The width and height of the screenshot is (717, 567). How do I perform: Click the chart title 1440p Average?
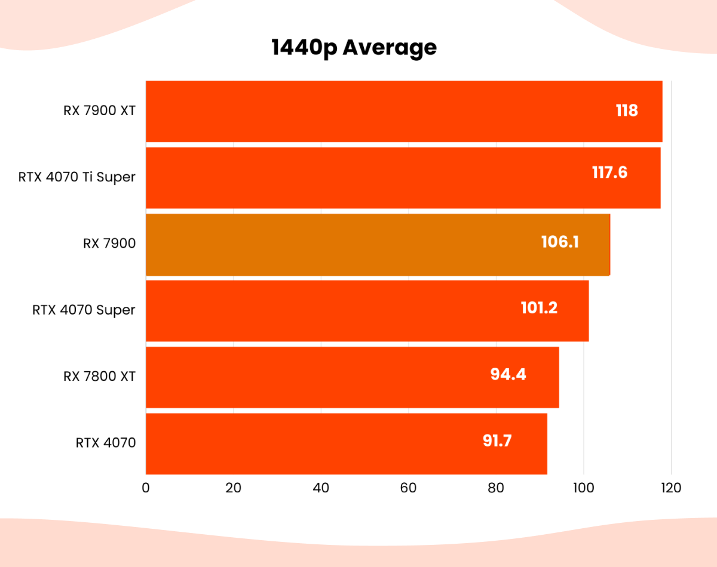point(354,47)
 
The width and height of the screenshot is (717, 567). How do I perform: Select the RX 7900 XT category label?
point(99,110)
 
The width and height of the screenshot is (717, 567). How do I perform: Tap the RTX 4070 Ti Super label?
point(76,177)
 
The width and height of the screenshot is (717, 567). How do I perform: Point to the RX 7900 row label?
point(109,243)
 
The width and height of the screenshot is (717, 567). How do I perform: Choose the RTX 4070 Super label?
point(84,310)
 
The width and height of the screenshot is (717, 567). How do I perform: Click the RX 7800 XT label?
point(99,376)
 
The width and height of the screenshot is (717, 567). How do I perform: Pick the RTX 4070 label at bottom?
point(106,442)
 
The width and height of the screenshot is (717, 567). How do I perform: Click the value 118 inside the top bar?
point(627,110)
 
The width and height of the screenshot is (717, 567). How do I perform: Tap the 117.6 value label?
point(609,172)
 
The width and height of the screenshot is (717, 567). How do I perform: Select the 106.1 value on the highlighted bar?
point(560,242)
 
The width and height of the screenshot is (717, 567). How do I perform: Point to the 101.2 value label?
point(538,308)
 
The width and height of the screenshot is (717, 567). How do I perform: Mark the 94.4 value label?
point(508,374)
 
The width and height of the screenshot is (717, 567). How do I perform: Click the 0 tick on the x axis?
point(146,488)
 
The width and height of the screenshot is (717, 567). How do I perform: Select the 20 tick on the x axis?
point(233,488)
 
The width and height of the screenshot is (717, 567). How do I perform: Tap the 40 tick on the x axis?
point(321,488)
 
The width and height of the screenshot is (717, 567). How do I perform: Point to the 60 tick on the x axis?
point(408,488)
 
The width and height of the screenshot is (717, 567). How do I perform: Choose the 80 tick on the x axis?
point(496,488)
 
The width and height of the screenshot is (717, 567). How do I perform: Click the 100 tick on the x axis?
point(583,488)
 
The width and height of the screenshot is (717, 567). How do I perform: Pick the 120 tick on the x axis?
point(671,488)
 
